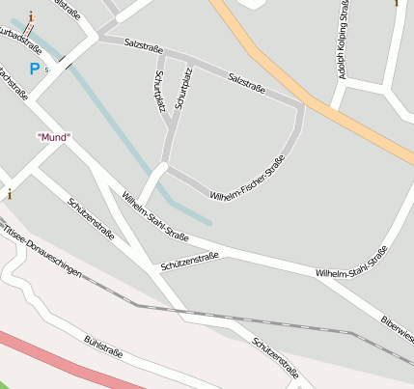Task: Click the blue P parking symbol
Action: [x=34, y=69]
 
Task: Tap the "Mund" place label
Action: [x=53, y=137]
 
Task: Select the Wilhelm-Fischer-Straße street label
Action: [x=246, y=178]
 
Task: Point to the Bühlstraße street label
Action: [x=102, y=347]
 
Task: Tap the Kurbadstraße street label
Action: [x=16, y=40]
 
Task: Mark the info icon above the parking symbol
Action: [x=31, y=16]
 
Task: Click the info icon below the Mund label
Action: [x=10, y=193]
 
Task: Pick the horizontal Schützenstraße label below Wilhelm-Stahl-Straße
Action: [x=190, y=260]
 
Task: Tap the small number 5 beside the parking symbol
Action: [x=46, y=69]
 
